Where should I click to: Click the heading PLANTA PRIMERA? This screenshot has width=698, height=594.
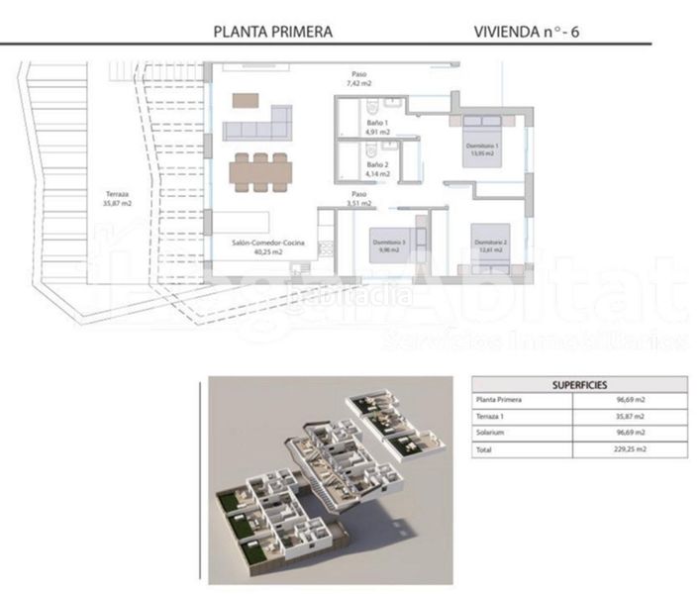[x=273, y=31]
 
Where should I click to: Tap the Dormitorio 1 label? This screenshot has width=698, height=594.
[x=483, y=149]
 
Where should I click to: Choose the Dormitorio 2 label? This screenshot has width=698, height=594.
[x=490, y=246]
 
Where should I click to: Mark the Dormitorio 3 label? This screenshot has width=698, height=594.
[x=389, y=246]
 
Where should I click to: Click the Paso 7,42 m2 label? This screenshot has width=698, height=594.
[x=358, y=78]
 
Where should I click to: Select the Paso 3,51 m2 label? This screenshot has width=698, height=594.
[x=358, y=199]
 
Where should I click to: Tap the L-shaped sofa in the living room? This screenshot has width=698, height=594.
[x=257, y=125]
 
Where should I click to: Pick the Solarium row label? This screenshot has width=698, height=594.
[x=493, y=432]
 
